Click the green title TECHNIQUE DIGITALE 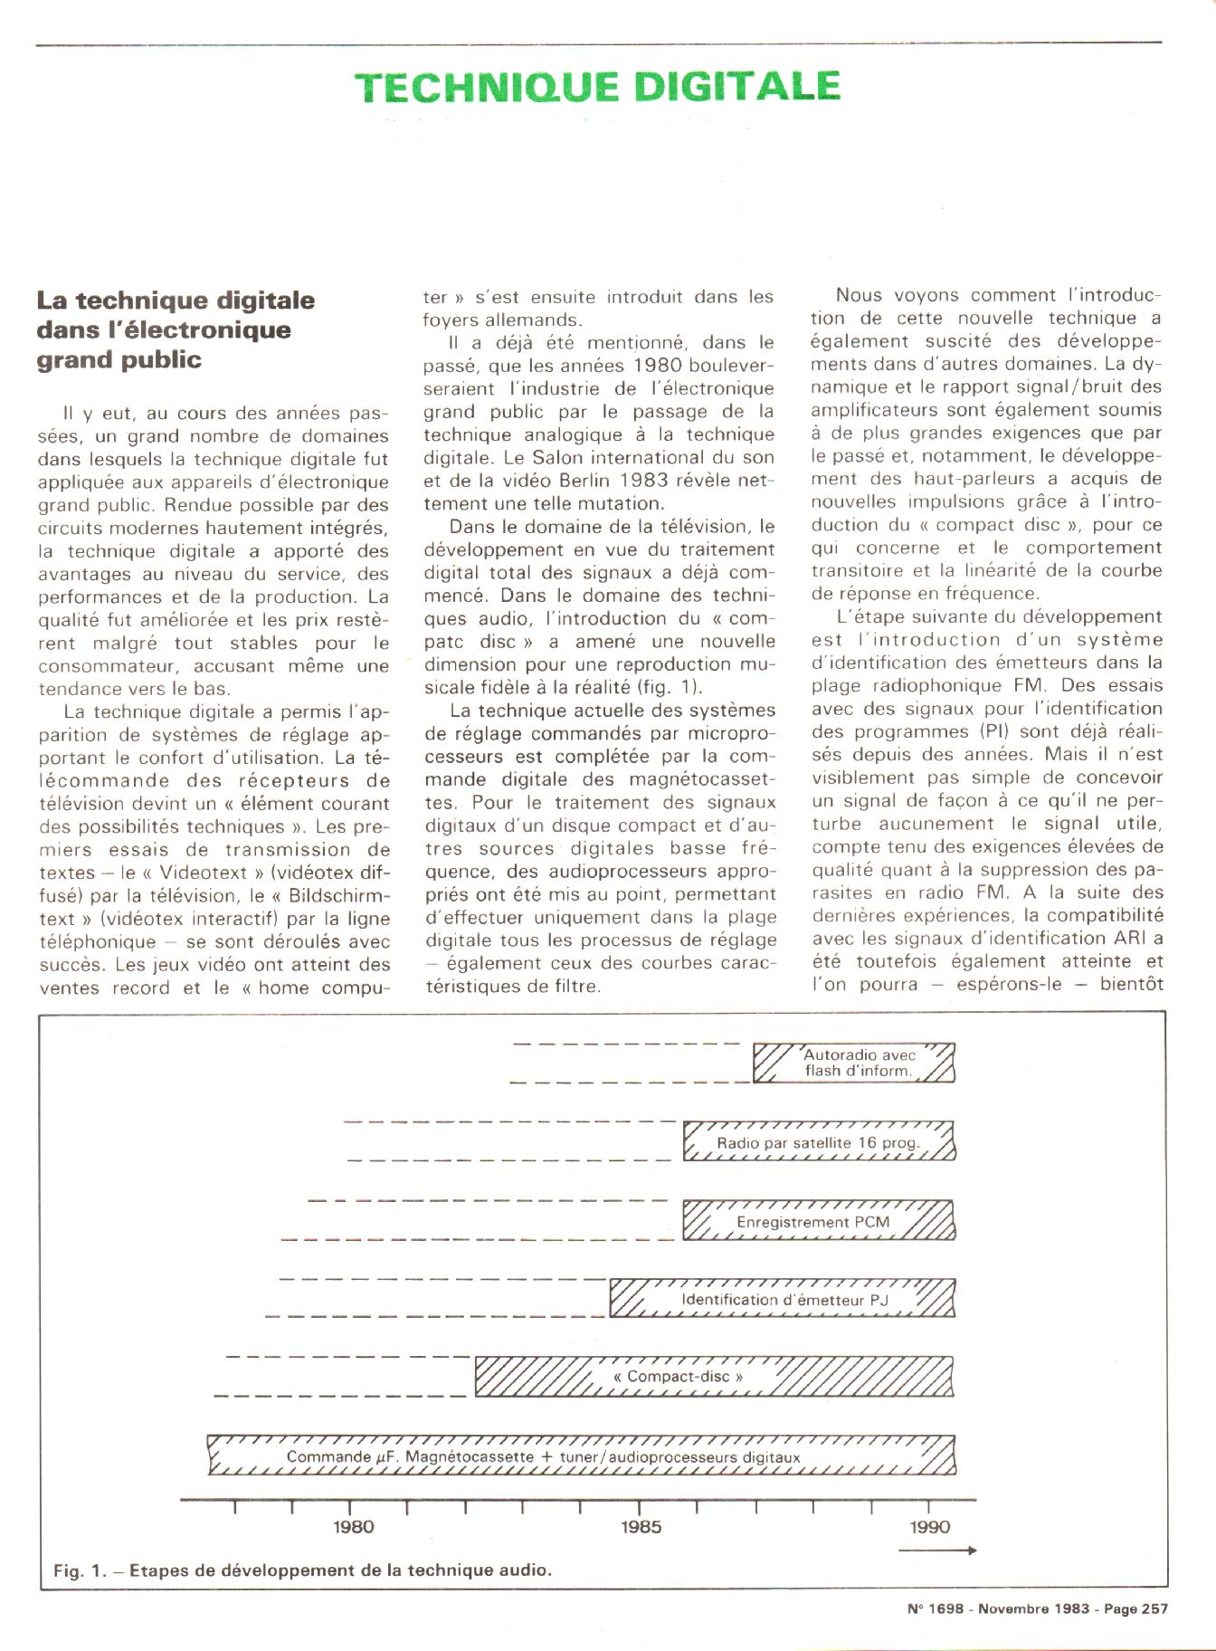tap(597, 86)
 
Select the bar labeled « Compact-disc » tap(715, 1377)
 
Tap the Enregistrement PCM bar tap(818, 1221)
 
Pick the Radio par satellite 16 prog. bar tap(819, 1142)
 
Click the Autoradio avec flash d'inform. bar tap(855, 1063)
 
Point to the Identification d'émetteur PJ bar tap(784, 1299)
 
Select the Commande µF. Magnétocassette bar tap(581, 1456)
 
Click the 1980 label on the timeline tap(353, 1527)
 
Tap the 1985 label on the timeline tap(641, 1527)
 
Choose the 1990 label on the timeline tap(929, 1527)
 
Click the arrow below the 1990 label tap(936, 1551)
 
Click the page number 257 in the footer tap(1154, 1608)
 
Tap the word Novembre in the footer tap(1012, 1608)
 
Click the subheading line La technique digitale tap(176, 300)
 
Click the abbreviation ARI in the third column tap(1135, 939)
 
